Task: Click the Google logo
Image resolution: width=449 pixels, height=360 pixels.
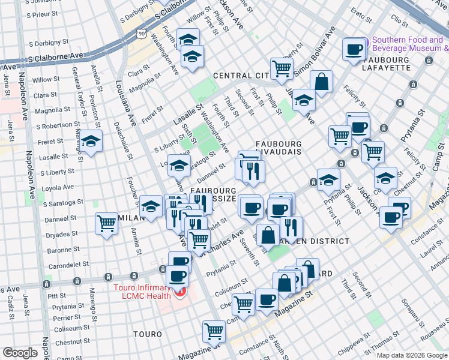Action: pyautogui.click(x=20, y=353)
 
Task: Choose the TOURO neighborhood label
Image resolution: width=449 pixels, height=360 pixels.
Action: pyautogui.click(x=147, y=334)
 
